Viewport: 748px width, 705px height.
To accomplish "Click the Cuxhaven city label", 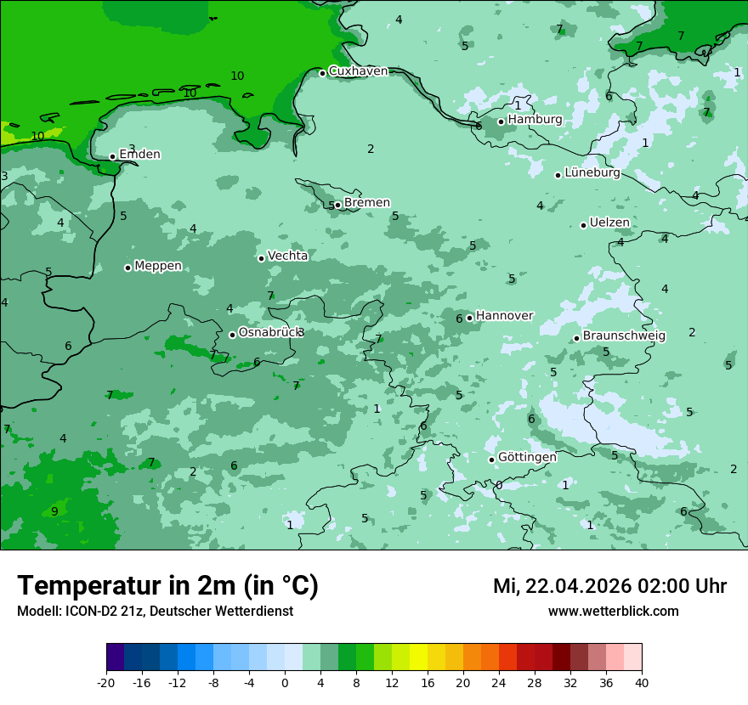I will tap(358, 71).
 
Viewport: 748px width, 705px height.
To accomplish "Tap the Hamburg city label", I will tap(535, 120).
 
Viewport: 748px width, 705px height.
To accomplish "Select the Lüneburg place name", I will tap(592, 173).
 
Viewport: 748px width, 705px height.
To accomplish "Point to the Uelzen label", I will tap(609, 223).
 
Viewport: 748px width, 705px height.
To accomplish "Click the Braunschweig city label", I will tap(624, 336).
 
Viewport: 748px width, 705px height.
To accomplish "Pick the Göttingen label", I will tap(527, 458).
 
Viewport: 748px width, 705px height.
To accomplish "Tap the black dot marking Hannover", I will tap(469, 318).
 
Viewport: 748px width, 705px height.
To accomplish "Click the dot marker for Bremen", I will tap(337, 205).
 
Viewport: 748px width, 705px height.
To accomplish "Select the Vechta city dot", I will tap(261, 258).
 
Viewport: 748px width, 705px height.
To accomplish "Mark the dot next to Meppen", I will tap(127, 268).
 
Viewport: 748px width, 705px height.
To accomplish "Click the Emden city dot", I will tap(112, 156).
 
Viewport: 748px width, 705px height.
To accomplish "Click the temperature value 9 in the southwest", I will tap(54, 511).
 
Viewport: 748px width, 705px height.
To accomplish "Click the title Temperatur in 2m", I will tap(167, 586).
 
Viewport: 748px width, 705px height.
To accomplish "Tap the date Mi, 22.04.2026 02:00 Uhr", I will tap(609, 586).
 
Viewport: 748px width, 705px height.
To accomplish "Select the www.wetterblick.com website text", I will tap(613, 612).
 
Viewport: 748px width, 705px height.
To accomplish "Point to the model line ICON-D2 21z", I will tap(155, 612).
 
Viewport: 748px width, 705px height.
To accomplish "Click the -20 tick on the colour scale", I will tap(106, 682).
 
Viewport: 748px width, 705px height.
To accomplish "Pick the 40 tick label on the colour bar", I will tap(642, 682).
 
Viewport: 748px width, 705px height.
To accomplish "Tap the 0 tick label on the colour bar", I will tap(285, 682).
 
